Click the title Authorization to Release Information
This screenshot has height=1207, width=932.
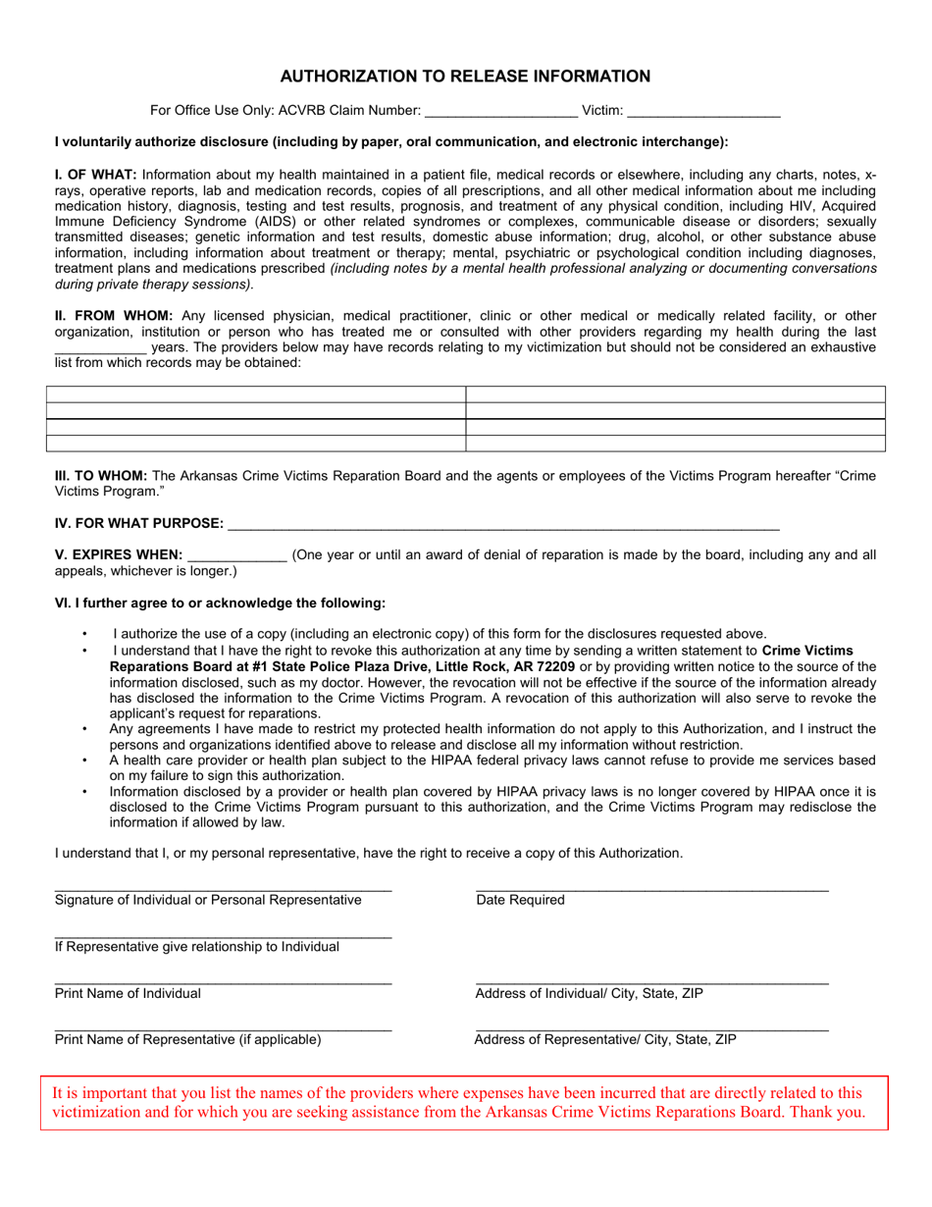[x=465, y=77]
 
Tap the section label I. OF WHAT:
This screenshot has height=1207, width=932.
[x=96, y=175]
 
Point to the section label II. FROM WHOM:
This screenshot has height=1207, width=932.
[x=114, y=315]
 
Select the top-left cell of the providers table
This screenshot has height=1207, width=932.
[x=255, y=394]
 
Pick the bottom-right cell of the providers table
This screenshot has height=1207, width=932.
[x=675, y=444]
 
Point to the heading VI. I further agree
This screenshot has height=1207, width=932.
[x=220, y=603]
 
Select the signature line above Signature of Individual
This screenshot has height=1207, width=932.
[x=223, y=889]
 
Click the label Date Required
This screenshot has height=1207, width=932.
[x=520, y=900]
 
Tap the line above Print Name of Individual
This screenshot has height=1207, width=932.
[x=223, y=982]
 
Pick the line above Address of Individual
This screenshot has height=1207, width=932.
[x=651, y=982]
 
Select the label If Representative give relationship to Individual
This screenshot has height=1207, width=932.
[x=197, y=947]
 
